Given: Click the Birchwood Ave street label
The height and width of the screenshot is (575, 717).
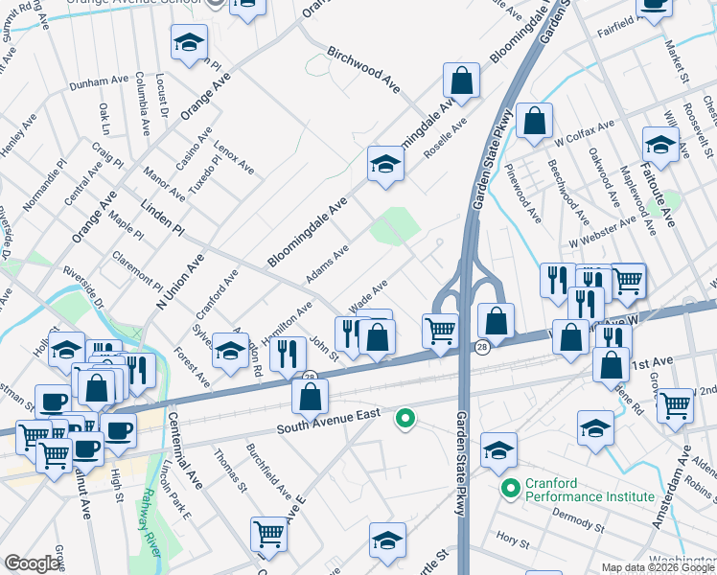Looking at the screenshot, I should (363, 67).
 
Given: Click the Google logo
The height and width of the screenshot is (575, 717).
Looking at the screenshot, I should (32, 563).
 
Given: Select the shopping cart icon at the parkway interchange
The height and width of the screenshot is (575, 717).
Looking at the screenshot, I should (440, 330).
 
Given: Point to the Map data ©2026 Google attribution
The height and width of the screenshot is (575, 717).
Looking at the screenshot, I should (659, 567).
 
